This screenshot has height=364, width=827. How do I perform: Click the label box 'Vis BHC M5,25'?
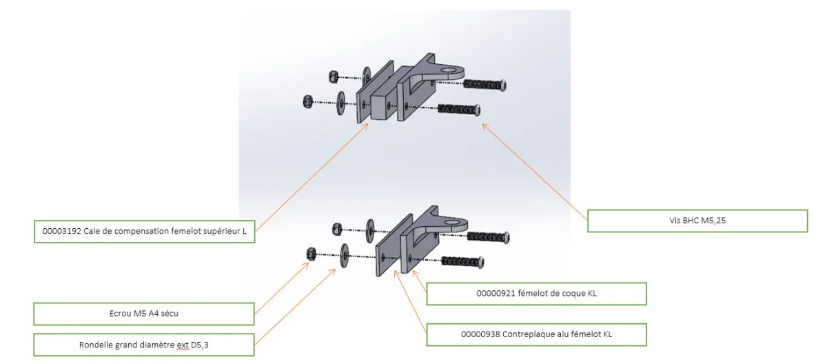pyautogui.click(x=697, y=221)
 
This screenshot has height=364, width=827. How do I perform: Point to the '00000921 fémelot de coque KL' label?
pyautogui.click(x=536, y=294)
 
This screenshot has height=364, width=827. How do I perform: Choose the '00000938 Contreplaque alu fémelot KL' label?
pyautogui.click(x=536, y=334)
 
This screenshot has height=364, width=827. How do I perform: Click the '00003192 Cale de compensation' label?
pyautogui.click(x=144, y=231)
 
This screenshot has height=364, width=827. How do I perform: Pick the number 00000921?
pyautogui.click(x=494, y=294)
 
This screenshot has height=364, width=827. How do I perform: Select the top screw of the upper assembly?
pyautogui.click(x=486, y=84)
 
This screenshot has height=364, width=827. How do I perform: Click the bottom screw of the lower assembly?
pyautogui.click(x=463, y=262)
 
